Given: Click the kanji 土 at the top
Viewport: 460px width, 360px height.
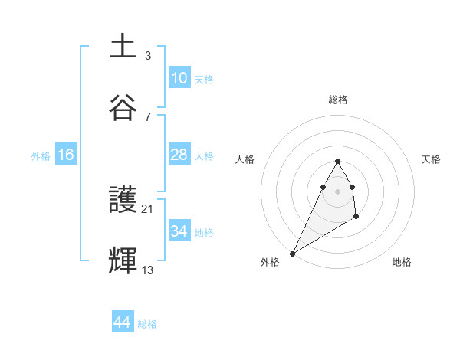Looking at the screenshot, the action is pyautogui.click(x=123, y=47).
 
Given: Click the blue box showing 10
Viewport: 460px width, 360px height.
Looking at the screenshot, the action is pyautogui.click(x=179, y=78).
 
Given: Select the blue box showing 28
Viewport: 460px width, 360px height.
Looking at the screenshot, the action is pyautogui.click(x=179, y=155).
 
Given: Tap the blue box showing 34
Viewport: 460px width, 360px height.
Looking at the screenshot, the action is pyautogui.click(x=179, y=231).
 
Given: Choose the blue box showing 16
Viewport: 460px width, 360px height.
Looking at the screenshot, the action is pyautogui.click(x=66, y=155).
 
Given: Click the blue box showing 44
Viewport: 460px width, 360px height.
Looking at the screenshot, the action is pyautogui.click(x=122, y=322).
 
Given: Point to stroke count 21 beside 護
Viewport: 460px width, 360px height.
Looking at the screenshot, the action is pyautogui.click(x=148, y=208).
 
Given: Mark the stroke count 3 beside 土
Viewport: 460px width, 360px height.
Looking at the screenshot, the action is pyautogui.click(x=148, y=55).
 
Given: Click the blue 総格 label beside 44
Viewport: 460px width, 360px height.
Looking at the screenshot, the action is pyautogui.click(x=147, y=324).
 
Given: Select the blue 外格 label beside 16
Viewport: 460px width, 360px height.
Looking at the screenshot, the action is pyautogui.click(x=41, y=155).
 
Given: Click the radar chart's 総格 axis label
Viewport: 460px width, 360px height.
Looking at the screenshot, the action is pyautogui.click(x=338, y=100).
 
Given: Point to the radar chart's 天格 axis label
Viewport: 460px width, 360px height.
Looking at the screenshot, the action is pyautogui.click(x=432, y=159).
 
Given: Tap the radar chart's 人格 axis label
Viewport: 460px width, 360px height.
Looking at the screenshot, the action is pyautogui.click(x=245, y=159).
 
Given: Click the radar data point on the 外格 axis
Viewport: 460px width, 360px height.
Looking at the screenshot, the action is pyautogui.click(x=292, y=253).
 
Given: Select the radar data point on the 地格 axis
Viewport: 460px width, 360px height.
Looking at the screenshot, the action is pyautogui.click(x=356, y=218).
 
